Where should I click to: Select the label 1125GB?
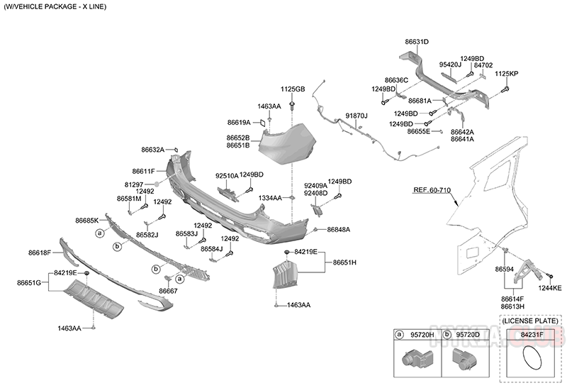point(292,89)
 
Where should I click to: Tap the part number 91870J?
point(357,115)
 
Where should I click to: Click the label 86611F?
point(143,172)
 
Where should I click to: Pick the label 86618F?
point(40,253)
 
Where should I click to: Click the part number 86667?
point(168,291)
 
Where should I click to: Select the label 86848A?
point(339,230)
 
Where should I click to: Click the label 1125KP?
point(506,74)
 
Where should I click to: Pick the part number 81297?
point(133,184)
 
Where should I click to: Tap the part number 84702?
point(483,65)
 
